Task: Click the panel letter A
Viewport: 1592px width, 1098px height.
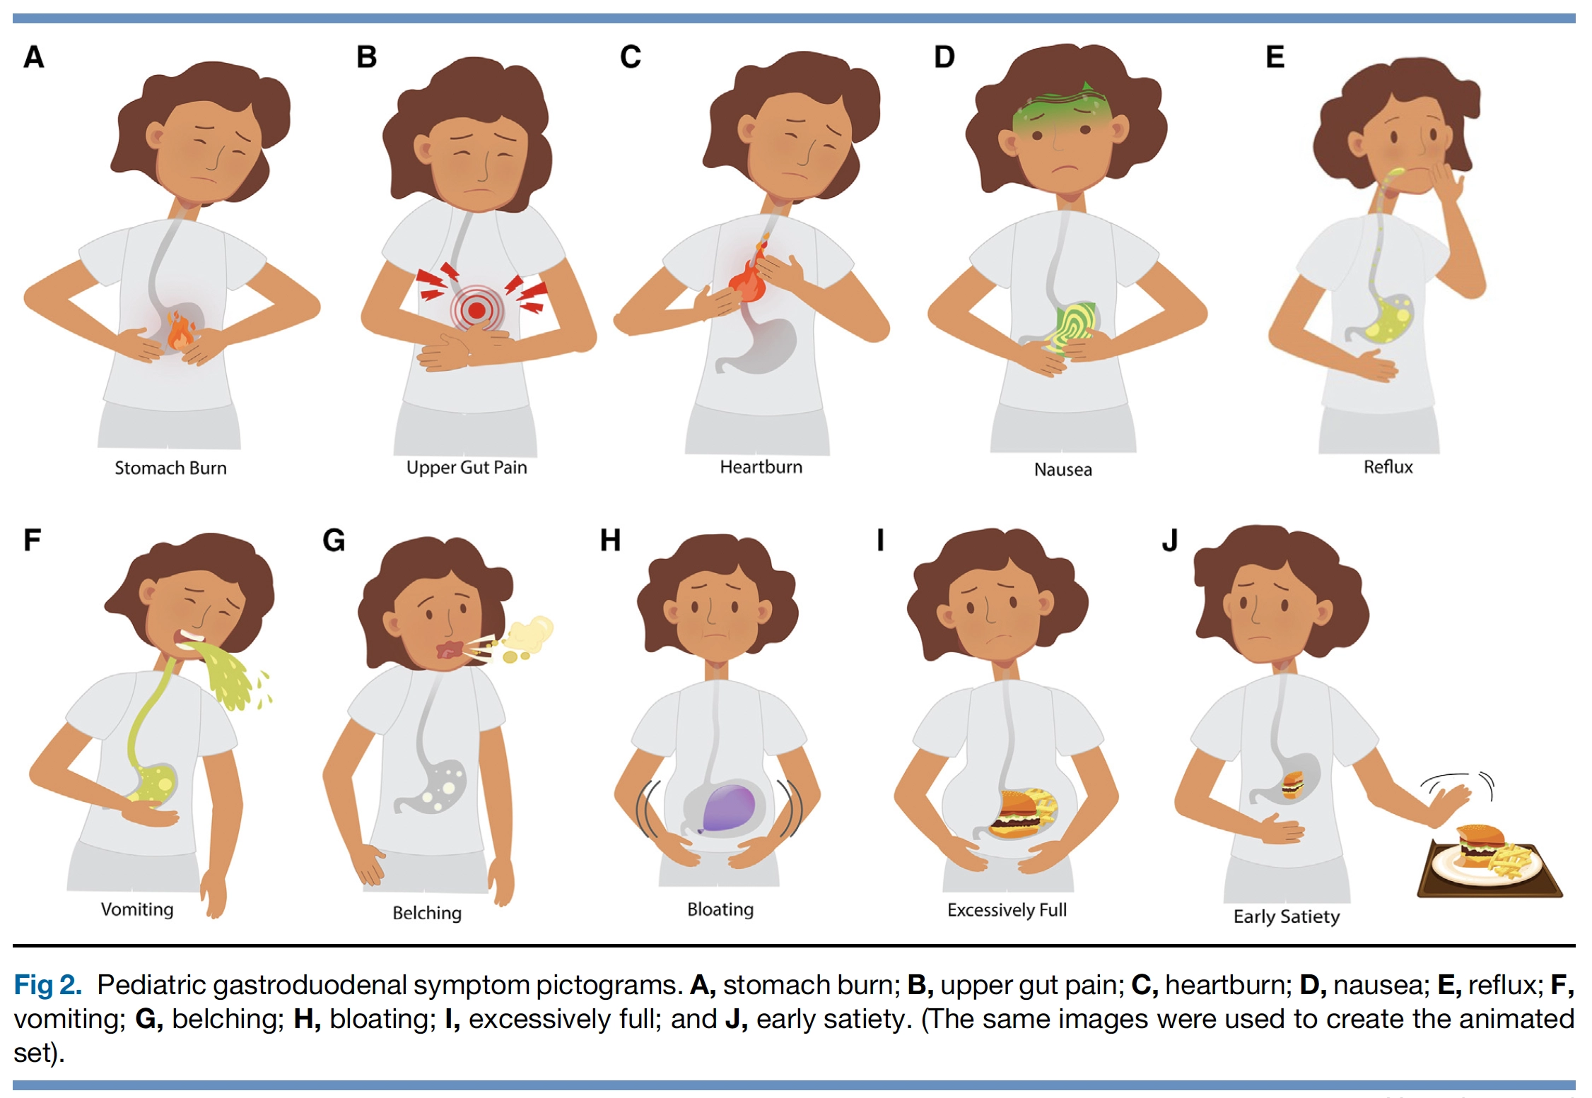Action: tap(34, 57)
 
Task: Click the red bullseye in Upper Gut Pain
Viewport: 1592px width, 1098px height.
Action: tap(477, 309)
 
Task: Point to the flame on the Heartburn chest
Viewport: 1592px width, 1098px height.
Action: tap(751, 272)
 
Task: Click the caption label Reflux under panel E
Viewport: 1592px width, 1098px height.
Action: tap(1388, 467)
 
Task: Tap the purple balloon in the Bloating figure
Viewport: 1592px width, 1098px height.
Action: tap(728, 808)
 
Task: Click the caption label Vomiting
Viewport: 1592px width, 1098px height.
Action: tap(137, 909)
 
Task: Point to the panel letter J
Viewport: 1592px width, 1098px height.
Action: tap(1170, 541)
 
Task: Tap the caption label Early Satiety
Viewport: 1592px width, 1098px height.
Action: tap(1287, 916)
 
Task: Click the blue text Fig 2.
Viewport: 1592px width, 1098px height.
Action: tap(47, 985)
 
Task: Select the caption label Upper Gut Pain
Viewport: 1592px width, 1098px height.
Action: tap(467, 467)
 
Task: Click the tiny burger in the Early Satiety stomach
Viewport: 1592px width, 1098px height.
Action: tap(1293, 785)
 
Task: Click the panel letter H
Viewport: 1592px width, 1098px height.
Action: tap(610, 541)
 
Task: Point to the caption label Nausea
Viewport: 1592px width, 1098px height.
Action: tap(1063, 470)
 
